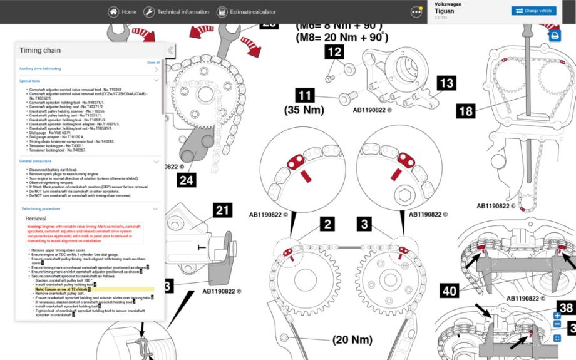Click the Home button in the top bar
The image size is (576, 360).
(x=122, y=12)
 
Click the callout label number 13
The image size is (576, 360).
(x=446, y=83)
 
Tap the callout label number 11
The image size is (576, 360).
(x=305, y=96)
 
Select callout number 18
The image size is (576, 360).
(x=465, y=111)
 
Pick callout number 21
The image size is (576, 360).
(x=222, y=210)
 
